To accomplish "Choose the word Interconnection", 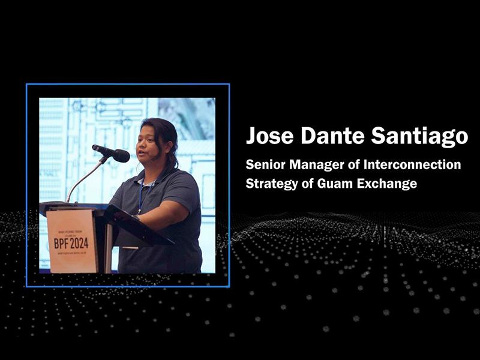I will point(412,164).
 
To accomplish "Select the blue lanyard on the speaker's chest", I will point(142,196).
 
